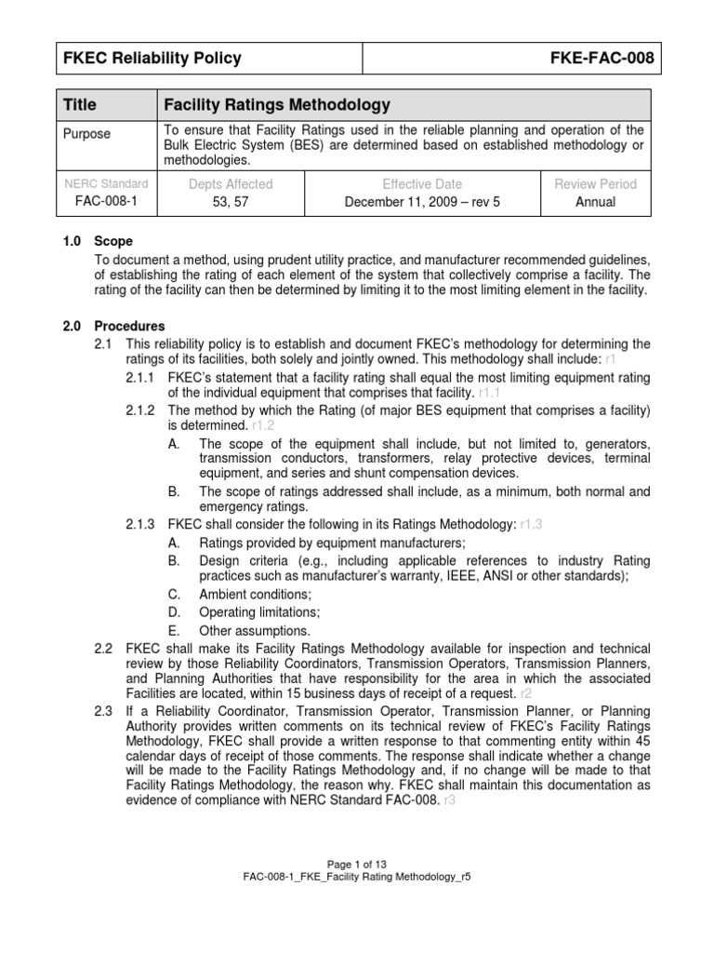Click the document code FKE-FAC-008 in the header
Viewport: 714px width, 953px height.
[x=602, y=59]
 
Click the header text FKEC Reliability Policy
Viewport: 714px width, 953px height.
[x=152, y=59]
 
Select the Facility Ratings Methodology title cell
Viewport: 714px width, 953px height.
[x=276, y=105]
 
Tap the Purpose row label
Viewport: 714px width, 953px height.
[x=86, y=134]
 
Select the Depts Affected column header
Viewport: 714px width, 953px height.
[x=231, y=184]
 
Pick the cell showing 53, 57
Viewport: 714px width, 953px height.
[x=231, y=201]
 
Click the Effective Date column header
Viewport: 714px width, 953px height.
[x=422, y=184]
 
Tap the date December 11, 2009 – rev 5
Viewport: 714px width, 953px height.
[x=422, y=201]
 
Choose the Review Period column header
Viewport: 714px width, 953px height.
[x=595, y=184]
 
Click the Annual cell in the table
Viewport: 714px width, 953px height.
[x=595, y=201]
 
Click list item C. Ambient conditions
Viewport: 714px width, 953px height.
[x=255, y=594]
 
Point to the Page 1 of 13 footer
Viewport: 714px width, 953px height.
[x=357, y=864]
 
